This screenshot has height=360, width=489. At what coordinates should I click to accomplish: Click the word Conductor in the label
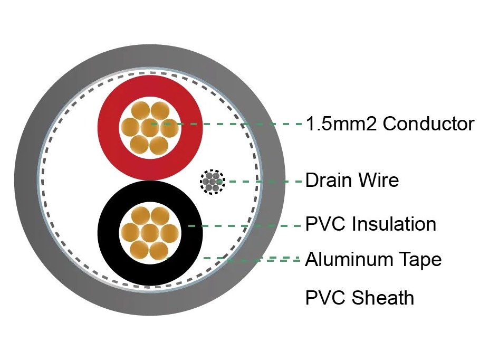click(428, 124)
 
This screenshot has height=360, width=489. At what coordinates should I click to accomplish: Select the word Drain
click(329, 180)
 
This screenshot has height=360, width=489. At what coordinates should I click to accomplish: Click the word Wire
click(379, 180)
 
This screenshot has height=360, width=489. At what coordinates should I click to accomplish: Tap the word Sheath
click(383, 297)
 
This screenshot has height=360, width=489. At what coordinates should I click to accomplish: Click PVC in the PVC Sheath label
click(326, 297)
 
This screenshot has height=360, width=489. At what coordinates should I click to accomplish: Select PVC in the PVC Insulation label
click(326, 224)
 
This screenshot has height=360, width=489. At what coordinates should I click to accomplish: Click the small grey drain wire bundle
click(213, 182)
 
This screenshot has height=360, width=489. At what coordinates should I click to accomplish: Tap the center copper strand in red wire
click(150, 128)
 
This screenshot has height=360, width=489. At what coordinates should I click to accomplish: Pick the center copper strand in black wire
click(150, 233)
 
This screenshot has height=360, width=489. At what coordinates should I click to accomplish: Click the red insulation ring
click(108, 128)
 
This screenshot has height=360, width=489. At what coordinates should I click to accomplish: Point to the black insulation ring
click(108, 233)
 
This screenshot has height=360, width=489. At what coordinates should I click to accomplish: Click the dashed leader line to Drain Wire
click(260, 181)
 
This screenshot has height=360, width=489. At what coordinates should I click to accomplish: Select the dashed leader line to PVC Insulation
click(245, 225)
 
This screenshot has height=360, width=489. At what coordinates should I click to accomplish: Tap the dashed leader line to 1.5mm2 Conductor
click(226, 124)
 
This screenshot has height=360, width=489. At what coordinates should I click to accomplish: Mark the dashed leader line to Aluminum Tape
click(232, 259)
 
